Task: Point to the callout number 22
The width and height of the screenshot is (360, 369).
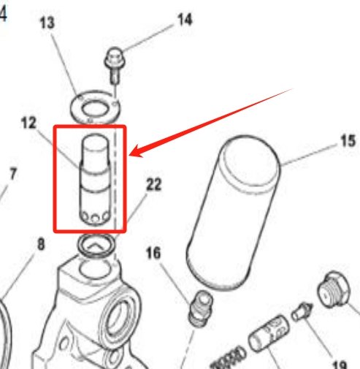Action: click(153, 186)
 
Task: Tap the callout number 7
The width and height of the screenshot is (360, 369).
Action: click(12, 175)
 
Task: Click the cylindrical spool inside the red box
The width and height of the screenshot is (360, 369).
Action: click(96, 180)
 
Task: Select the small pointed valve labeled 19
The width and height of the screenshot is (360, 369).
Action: click(300, 313)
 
